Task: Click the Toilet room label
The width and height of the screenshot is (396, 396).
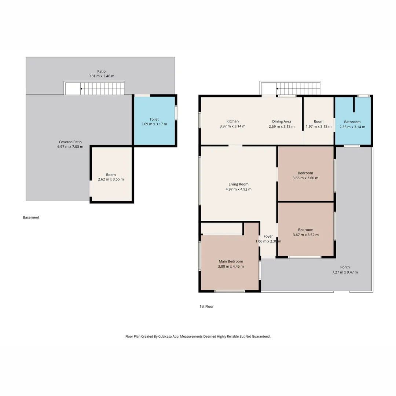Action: tap(154, 119)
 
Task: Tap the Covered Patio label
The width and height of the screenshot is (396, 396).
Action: tap(70, 142)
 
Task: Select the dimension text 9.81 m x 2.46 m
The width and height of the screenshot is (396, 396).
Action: tap(101, 76)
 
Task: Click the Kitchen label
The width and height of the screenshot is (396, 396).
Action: tap(232, 121)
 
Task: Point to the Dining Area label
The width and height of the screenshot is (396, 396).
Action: tap(282, 121)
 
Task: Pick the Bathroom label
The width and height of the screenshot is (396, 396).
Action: tap(352, 122)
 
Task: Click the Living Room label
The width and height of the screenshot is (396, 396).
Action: tap(238, 184)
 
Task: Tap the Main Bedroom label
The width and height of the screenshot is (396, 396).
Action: tap(231, 261)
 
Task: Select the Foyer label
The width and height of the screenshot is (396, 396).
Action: tap(268, 236)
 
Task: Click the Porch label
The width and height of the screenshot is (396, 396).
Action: tap(345, 267)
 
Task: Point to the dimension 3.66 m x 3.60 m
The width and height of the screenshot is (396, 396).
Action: tap(305, 178)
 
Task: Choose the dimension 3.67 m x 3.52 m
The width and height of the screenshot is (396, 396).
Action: tap(305, 235)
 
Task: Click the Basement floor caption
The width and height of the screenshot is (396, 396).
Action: tap(31, 217)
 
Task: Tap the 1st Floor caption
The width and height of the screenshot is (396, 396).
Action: tap(206, 307)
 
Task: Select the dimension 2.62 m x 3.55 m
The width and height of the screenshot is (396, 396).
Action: tap(111, 179)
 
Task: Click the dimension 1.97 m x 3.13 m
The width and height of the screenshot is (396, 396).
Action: tap(319, 126)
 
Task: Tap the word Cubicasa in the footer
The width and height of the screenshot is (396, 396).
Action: tap(165, 336)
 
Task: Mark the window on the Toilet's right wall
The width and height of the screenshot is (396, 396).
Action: tap(176, 113)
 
